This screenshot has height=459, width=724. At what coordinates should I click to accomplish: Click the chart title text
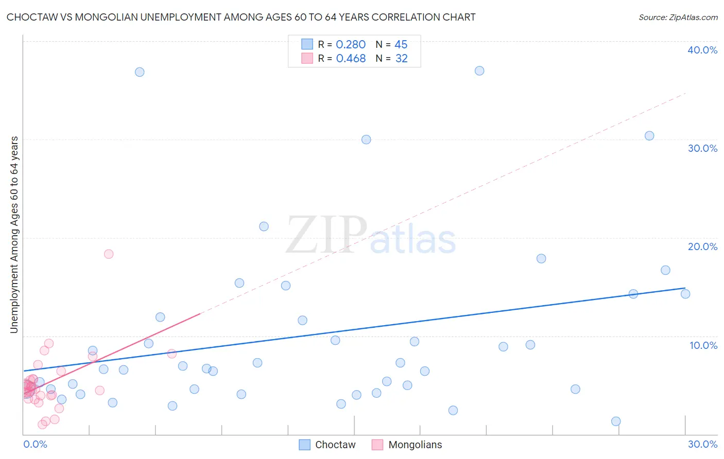(241, 17)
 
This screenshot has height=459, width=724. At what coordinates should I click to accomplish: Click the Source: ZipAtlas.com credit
(678, 17)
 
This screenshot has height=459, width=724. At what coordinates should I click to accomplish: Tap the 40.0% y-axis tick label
(702, 50)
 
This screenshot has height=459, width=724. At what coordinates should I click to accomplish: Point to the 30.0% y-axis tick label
(702, 148)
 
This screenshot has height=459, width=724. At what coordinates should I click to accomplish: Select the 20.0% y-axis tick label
(702, 246)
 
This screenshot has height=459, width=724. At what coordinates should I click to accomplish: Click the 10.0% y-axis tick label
(703, 345)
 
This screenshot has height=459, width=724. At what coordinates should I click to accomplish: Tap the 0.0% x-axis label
(35, 444)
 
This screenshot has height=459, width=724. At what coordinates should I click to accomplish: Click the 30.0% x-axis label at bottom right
(702, 444)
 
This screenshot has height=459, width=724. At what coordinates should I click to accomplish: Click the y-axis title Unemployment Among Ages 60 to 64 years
(14, 234)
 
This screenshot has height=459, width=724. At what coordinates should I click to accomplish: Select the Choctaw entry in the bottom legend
(327, 445)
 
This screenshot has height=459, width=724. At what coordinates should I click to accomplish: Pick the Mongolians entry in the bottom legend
(407, 445)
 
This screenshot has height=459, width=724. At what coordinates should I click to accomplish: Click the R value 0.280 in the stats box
(351, 45)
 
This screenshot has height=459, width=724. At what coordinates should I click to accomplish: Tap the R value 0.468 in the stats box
(351, 59)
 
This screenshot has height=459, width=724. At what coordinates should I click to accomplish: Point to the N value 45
(401, 45)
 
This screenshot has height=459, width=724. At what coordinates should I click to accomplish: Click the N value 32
(401, 59)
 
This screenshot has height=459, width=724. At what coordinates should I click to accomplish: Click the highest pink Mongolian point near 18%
(109, 254)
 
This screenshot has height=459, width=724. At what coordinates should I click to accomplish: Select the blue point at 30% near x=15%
(366, 139)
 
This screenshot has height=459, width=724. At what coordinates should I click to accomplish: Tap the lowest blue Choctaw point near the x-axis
(616, 421)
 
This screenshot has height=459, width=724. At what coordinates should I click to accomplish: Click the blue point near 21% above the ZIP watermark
(264, 226)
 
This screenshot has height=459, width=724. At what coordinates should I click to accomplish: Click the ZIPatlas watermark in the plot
(371, 236)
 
